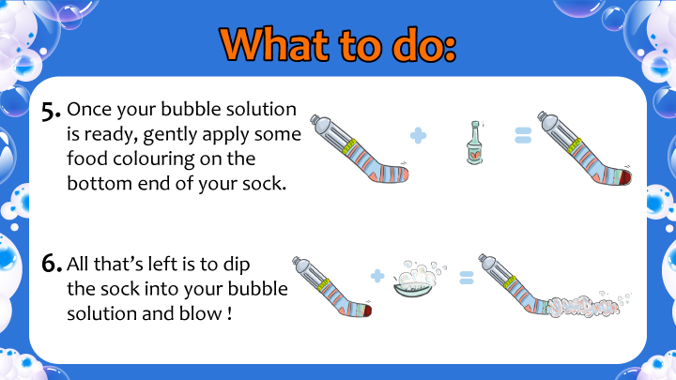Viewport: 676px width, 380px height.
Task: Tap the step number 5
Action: point(52,111)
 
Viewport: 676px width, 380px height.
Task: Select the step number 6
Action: point(52,263)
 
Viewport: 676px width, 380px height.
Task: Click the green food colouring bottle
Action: point(475,143)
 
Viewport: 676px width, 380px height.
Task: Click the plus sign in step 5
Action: point(418,136)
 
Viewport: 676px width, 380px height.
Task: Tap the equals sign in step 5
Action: point(523,135)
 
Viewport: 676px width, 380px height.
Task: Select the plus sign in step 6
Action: point(377,276)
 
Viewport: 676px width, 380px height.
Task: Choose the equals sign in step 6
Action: point(467,278)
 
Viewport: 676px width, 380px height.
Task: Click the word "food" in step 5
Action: point(87,159)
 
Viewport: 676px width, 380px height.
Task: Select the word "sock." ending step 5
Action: point(264,184)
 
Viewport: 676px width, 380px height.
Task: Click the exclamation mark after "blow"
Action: point(229,313)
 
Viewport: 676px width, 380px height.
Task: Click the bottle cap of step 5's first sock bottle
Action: point(315,119)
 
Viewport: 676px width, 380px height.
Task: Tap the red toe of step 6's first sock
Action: point(366,311)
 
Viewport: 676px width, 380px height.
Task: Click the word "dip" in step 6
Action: point(237,265)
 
